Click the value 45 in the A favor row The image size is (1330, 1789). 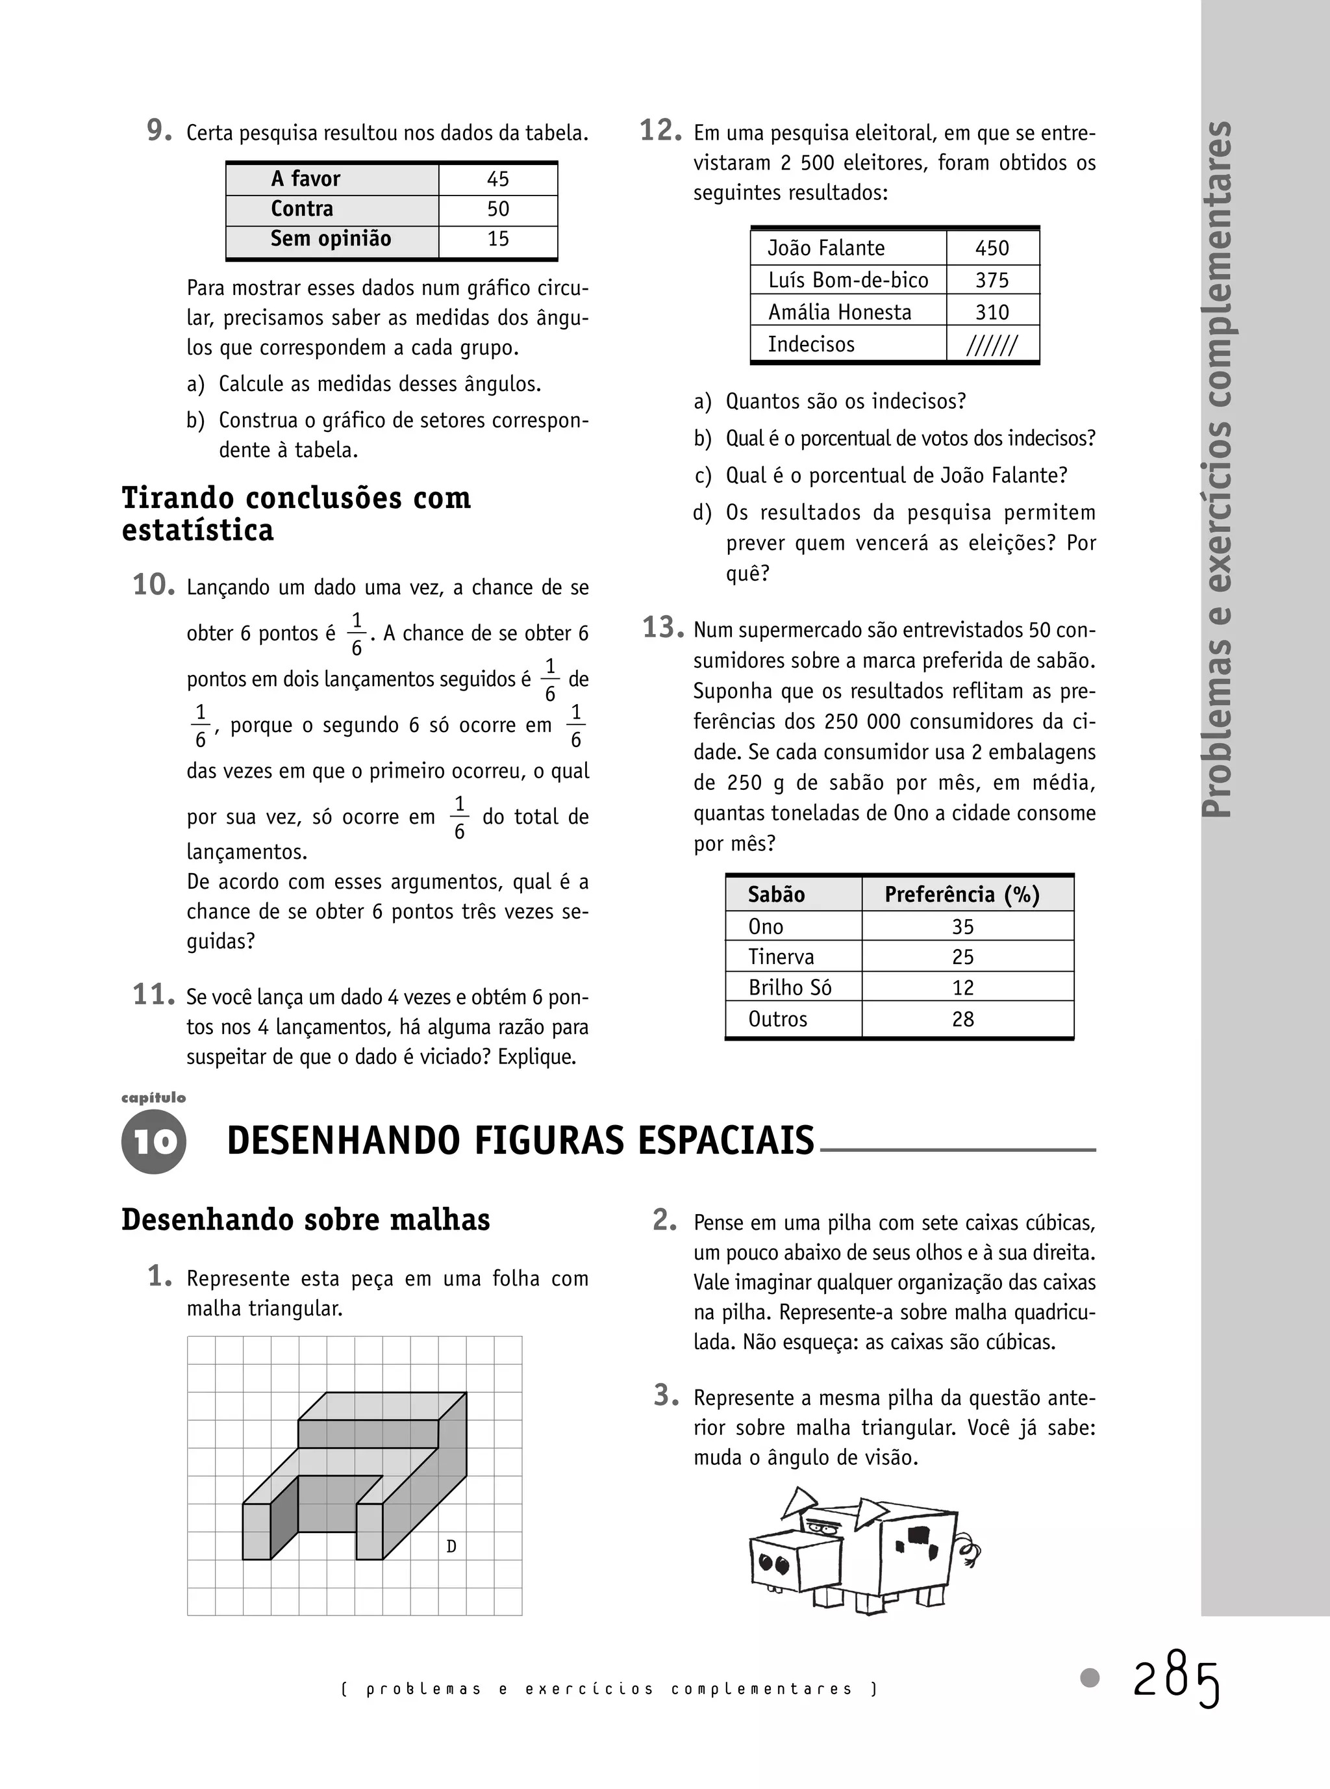coord(497,179)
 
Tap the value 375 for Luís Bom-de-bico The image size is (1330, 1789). coord(991,280)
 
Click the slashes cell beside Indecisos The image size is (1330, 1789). coord(991,346)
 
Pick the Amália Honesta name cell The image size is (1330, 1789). coord(839,312)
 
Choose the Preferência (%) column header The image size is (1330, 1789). coord(961,894)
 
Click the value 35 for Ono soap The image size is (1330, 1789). coord(962,927)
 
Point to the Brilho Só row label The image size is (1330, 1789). coord(789,988)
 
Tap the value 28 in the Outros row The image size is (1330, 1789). coord(962,1019)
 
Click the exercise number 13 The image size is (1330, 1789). coord(662,628)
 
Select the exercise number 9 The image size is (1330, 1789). coord(158,131)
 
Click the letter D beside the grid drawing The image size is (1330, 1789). coord(451,1546)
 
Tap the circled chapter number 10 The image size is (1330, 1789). coord(154,1142)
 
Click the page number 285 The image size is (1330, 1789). coord(1176,1681)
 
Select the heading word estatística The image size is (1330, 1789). coord(198,531)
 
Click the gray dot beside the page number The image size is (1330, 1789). coord(1089,1678)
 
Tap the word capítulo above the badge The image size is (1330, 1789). coord(153,1097)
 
